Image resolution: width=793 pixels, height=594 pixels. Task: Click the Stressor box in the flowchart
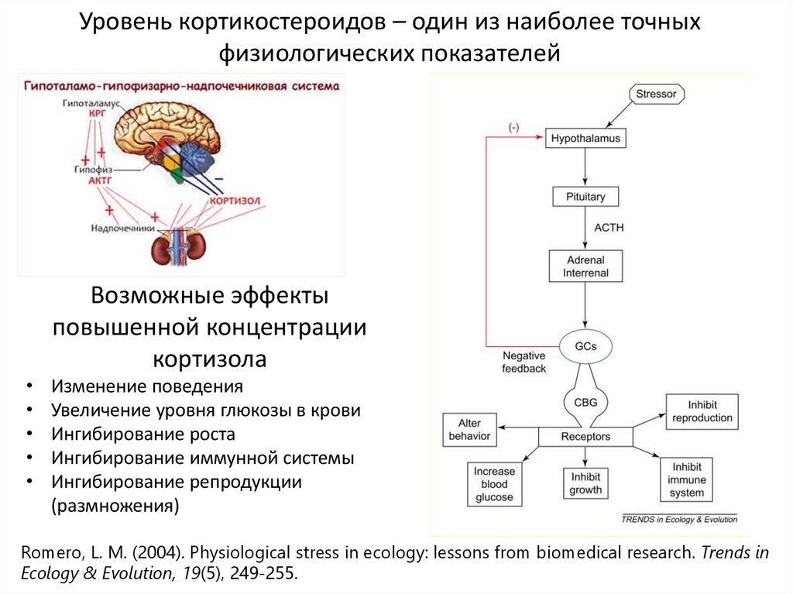[x=656, y=94]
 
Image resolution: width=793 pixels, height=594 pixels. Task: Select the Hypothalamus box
[x=585, y=139]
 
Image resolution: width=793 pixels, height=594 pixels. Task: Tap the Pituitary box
[x=585, y=197]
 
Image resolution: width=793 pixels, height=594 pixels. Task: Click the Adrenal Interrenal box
[x=585, y=266]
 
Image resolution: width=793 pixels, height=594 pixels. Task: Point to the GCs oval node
[x=585, y=346]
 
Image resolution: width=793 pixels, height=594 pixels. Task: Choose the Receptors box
[x=585, y=437]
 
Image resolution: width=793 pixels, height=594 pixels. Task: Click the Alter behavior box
[x=469, y=430]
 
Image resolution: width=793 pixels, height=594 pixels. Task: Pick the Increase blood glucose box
[x=494, y=484]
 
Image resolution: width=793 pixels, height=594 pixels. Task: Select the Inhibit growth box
[x=585, y=484]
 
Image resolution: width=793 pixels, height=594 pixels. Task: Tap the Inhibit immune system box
[x=687, y=480]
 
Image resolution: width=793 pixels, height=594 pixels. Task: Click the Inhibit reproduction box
[x=702, y=411]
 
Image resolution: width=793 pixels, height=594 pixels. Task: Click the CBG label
[x=585, y=401]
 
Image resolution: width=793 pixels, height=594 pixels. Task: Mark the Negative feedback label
[x=524, y=362]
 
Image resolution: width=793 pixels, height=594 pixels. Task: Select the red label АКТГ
[x=101, y=180]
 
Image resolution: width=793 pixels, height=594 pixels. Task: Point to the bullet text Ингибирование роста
[x=143, y=434]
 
